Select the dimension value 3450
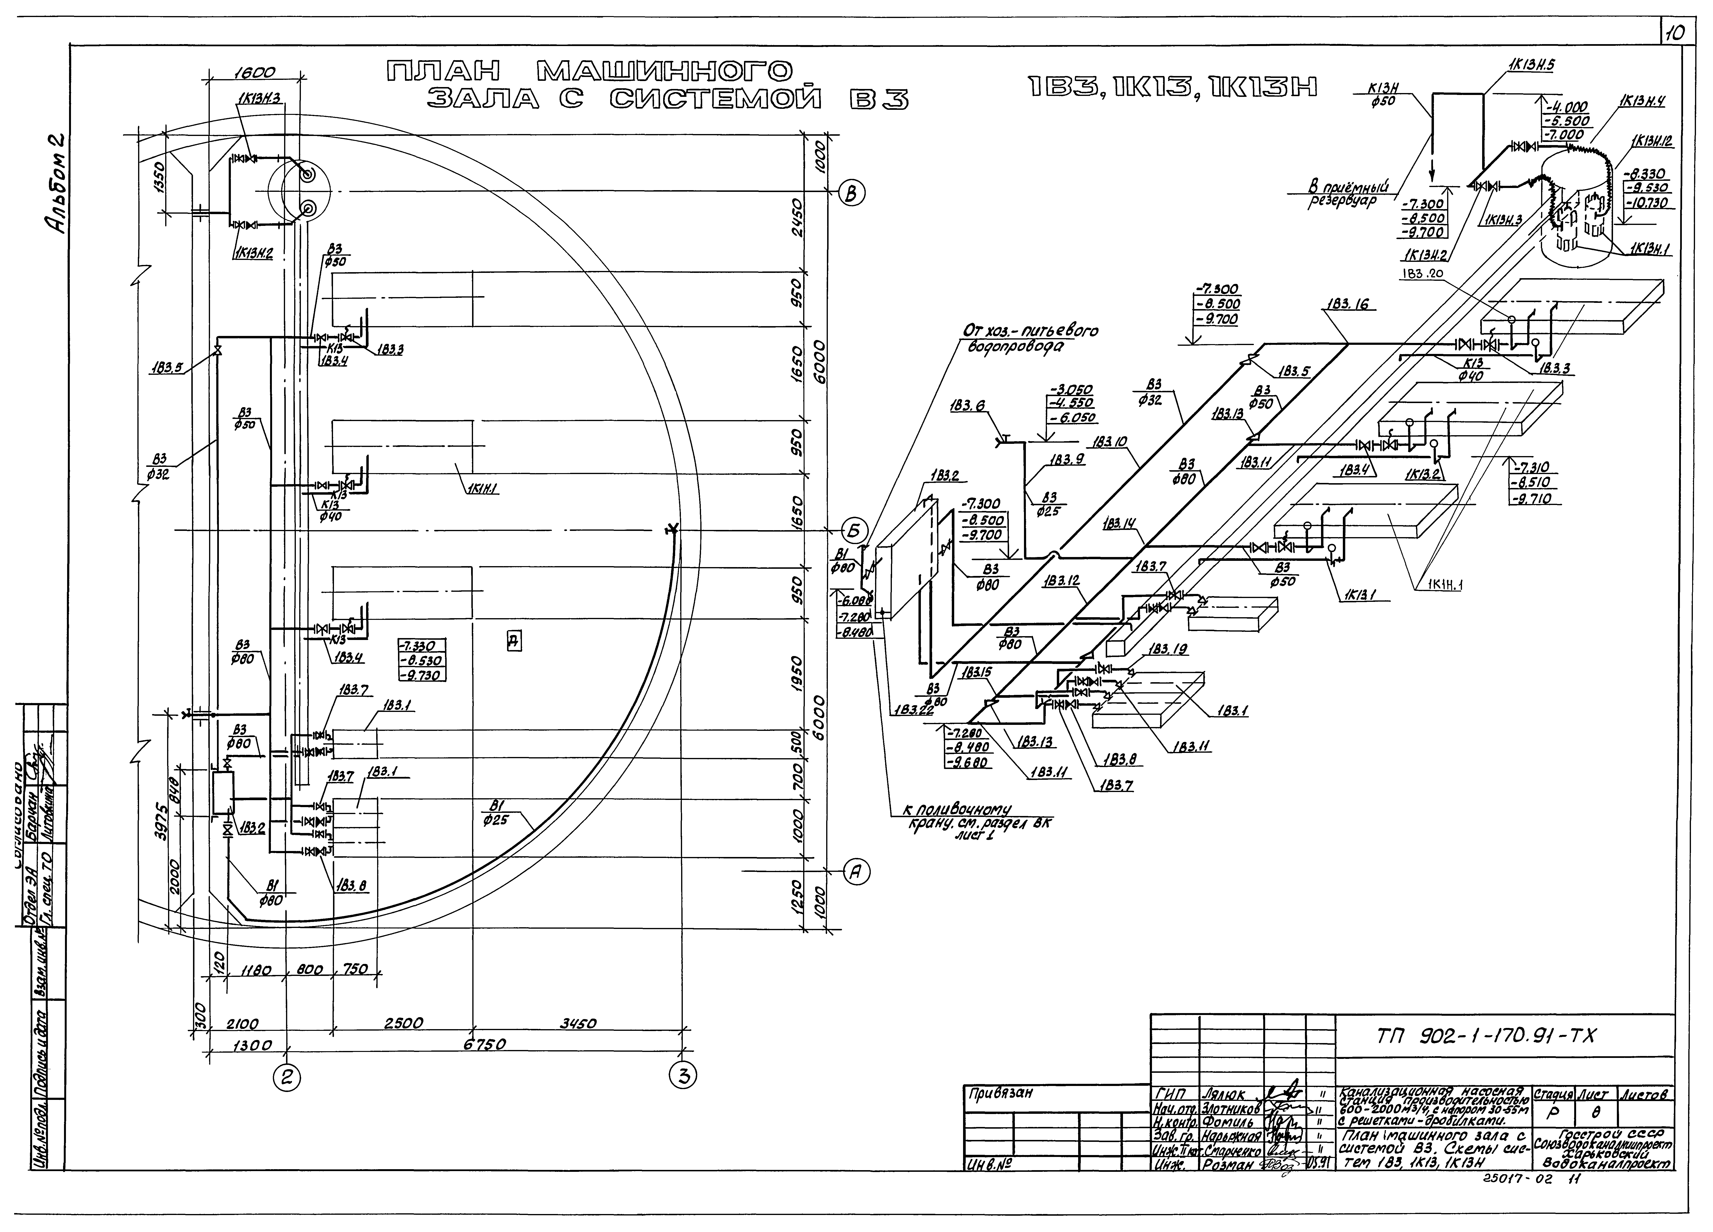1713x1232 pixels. [578, 1024]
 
